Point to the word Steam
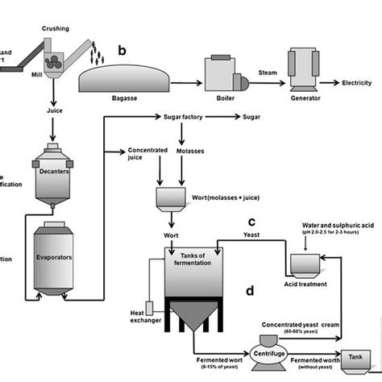coord(268,73)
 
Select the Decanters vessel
coord(52,169)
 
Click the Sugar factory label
coord(183,118)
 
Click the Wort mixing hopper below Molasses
coord(170,198)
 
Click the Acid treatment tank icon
coord(305,264)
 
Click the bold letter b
coord(122,50)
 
